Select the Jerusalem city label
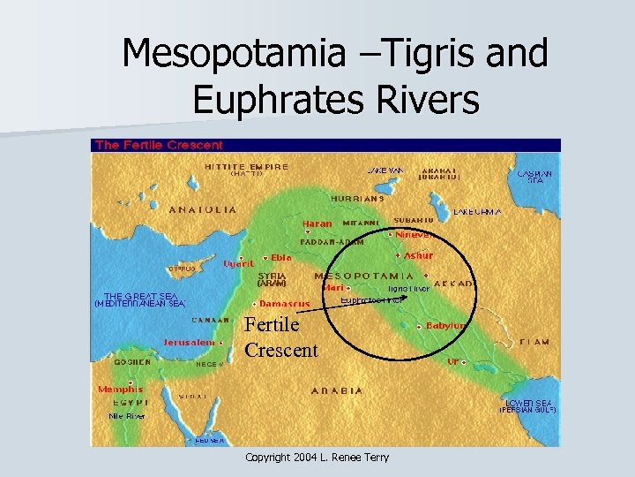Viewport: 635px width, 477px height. (x=189, y=342)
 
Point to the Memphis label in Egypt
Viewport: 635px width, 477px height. (x=120, y=389)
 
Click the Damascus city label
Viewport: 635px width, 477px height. (x=284, y=304)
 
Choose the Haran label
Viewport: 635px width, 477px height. (x=317, y=223)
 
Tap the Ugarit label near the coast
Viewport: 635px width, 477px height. (x=238, y=262)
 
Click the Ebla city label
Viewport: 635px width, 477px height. (x=280, y=257)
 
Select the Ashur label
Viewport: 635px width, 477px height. (x=418, y=255)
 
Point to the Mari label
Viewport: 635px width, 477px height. (x=333, y=287)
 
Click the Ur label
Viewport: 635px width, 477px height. (x=452, y=361)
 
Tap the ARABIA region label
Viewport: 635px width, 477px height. (x=336, y=390)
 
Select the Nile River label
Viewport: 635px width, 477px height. (x=126, y=415)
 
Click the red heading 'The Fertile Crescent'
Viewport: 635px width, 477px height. (x=159, y=145)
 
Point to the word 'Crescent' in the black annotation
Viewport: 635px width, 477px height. (x=280, y=350)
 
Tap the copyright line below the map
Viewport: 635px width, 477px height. (x=317, y=457)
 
